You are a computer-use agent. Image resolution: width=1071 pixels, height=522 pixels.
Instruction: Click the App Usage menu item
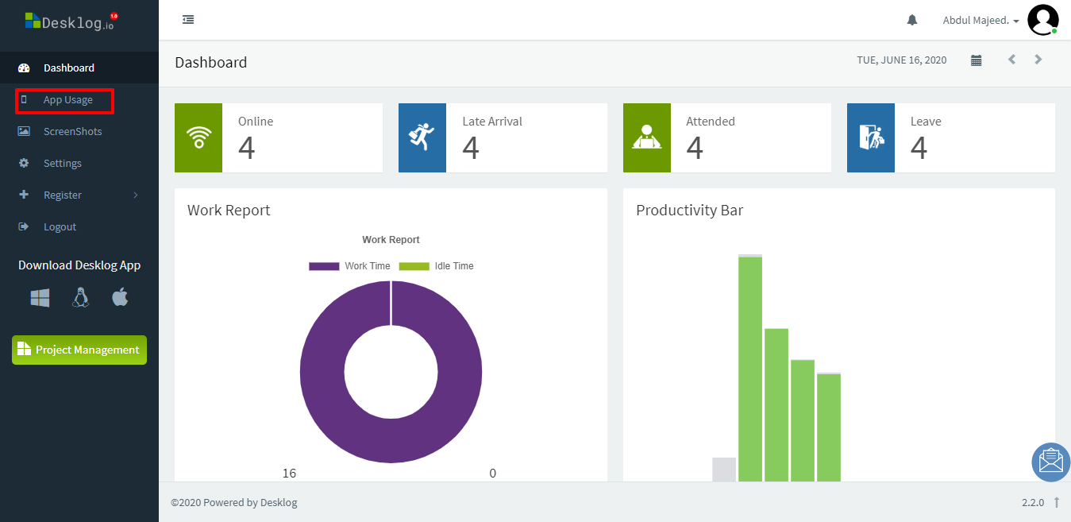[x=67, y=100]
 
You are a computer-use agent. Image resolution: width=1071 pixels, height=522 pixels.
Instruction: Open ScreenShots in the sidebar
[x=72, y=132]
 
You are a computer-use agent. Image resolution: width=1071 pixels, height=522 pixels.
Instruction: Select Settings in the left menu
[x=62, y=164]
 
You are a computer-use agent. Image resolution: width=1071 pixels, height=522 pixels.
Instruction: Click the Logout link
[x=60, y=227]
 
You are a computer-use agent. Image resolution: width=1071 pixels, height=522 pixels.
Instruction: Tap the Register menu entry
[x=63, y=195]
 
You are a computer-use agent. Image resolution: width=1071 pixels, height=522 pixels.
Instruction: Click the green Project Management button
[x=79, y=350]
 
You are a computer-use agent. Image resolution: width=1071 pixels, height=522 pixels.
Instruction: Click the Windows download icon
[x=40, y=298]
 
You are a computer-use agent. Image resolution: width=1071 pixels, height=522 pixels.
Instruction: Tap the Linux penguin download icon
[x=80, y=298]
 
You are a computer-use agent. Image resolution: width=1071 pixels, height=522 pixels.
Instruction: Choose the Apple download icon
[x=120, y=298]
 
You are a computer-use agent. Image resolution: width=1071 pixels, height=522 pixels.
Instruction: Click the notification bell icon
[x=912, y=20]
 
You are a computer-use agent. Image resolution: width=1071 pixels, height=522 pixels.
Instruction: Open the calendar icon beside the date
[x=977, y=60]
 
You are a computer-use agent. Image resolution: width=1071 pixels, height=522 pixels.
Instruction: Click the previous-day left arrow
[x=1011, y=60]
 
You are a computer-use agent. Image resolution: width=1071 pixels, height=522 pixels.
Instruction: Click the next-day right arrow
[x=1038, y=60]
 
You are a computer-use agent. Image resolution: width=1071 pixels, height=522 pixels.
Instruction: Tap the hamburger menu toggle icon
[x=188, y=20]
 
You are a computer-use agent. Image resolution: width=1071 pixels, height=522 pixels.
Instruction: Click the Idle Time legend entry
[x=437, y=266]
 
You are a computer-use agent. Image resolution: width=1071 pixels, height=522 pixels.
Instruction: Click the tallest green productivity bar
[x=750, y=365]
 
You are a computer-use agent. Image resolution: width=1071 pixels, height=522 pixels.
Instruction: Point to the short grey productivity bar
[x=724, y=470]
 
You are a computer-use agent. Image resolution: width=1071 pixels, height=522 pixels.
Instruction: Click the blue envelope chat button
[x=1050, y=462]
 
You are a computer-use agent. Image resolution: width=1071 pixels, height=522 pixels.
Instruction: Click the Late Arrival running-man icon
[x=422, y=137]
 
